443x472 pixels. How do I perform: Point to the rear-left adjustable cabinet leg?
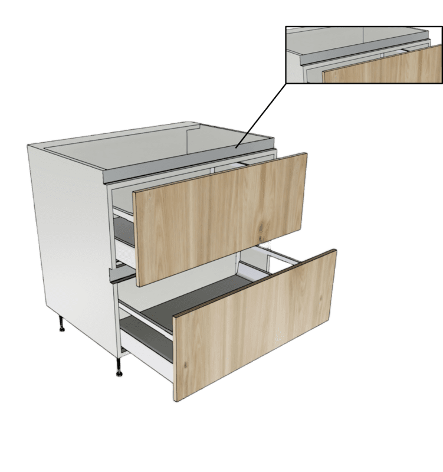[61, 324]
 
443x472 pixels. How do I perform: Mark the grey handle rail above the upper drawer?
[177, 168]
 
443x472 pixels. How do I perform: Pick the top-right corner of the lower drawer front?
[336, 251]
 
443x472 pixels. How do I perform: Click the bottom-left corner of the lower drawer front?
[176, 401]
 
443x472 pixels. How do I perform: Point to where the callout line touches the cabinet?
[235, 146]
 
